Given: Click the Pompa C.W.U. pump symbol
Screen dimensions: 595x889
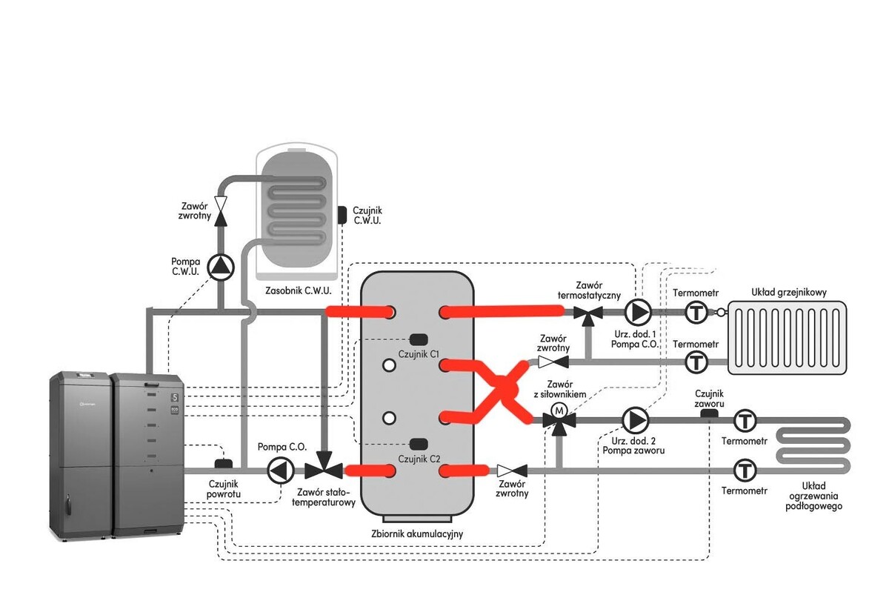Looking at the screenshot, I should [x=220, y=267].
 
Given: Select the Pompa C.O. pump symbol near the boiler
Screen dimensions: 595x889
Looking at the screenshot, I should [x=280, y=471].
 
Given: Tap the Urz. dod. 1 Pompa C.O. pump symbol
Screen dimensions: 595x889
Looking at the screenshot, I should [x=636, y=312].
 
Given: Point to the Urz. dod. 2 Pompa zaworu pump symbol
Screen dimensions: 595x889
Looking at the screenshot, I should [x=634, y=420].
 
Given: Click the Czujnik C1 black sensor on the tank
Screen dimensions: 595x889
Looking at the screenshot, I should [x=419, y=339].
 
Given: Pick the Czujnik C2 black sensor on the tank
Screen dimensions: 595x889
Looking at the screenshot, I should [x=419, y=444].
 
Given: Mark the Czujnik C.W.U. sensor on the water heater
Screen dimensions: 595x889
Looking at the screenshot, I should [x=343, y=214].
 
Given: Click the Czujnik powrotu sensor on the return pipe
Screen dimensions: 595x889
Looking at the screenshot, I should [x=222, y=464].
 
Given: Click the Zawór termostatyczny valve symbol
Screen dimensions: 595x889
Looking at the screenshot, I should [x=590, y=316].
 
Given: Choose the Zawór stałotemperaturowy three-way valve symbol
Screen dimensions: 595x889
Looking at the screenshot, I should [x=324, y=469].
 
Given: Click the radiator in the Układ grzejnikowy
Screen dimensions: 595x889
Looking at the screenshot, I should [x=787, y=337].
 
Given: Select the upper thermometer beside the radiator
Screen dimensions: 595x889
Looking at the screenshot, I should [x=696, y=313].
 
